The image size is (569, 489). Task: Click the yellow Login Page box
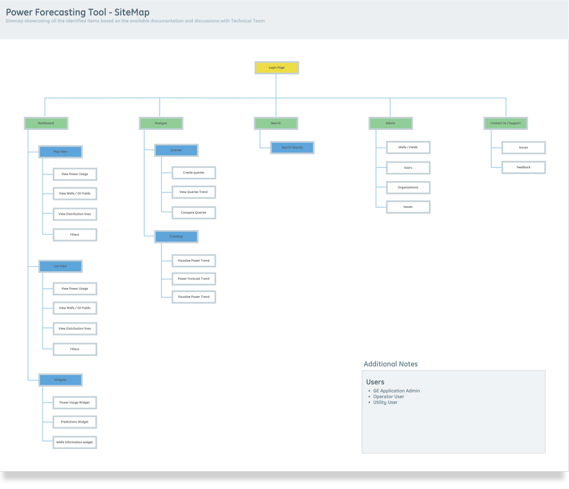[x=276, y=68]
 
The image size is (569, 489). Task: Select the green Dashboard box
[x=46, y=123]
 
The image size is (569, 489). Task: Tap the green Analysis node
[x=161, y=123]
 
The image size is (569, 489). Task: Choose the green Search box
[x=276, y=123]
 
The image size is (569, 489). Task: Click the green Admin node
[x=390, y=123]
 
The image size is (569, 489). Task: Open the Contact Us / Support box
[x=506, y=123]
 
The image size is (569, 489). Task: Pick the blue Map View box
[x=60, y=152]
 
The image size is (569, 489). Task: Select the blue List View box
[x=60, y=266]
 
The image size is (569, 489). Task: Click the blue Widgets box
[x=60, y=380]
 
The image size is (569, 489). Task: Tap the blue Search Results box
[x=292, y=148]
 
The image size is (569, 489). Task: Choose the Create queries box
[x=193, y=172]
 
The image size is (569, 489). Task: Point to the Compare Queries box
[x=193, y=212]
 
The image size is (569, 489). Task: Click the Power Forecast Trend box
[x=193, y=279]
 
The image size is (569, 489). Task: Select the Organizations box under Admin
[x=408, y=187]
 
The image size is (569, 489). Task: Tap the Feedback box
[x=523, y=167]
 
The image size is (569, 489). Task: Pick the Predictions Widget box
[x=74, y=422]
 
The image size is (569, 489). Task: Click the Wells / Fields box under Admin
[x=408, y=147]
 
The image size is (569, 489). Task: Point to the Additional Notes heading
[x=390, y=364]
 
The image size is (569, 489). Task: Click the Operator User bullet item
[x=389, y=397]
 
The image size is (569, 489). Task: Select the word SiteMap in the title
[x=132, y=12]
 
